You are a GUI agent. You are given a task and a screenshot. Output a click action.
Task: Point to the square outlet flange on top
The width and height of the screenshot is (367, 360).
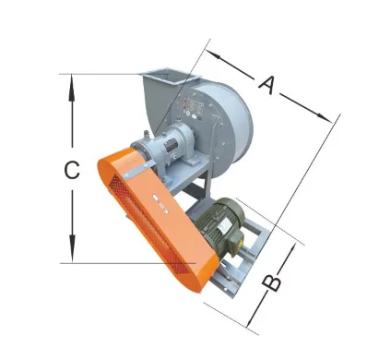coord(165,75)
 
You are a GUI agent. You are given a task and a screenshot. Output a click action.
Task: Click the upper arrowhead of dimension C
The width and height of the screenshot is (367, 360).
coord(72,81)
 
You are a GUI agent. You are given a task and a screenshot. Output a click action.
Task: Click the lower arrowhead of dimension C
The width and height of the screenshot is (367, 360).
coord(72,256)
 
